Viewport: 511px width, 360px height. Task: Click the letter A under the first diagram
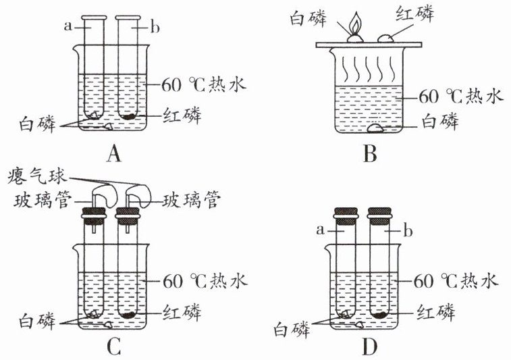pyautogui.click(x=113, y=153)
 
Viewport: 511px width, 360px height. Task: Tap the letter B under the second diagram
pyautogui.click(x=370, y=153)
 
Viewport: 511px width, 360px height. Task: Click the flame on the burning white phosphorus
pyautogui.click(x=355, y=24)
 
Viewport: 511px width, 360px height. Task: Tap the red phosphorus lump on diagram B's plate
pyautogui.click(x=386, y=38)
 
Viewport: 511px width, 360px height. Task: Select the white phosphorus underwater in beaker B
pyautogui.click(x=376, y=128)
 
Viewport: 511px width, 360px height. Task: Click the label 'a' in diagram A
pyautogui.click(x=68, y=26)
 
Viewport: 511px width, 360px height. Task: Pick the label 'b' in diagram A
pyautogui.click(x=155, y=28)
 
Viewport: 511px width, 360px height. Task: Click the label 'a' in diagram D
pyautogui.click(x=321, y=230)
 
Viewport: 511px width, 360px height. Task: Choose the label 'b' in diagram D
pyautogui.click(x=408, y=231)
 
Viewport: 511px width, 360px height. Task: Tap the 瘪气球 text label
pyautogui.click(x=38, y=176)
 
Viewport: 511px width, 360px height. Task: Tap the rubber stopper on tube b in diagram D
pyautogui.click(x=379, y=217)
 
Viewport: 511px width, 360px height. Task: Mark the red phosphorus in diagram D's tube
pyautogui.click(x=379, y=315)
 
